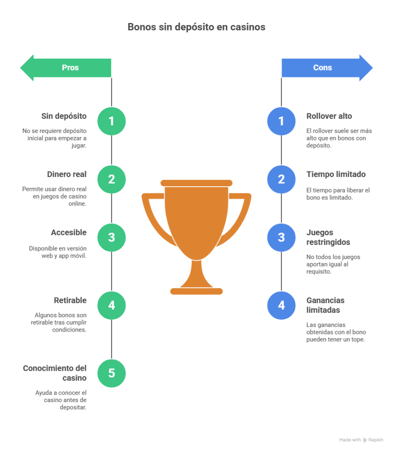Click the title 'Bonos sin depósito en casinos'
click(196, 27)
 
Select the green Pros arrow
click(66, 68)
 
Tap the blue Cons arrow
click(326, 68)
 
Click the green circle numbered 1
click(111, 121)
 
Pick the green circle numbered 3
click(111, 238)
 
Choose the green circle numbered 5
click(111, 373)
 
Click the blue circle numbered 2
click(281, 179)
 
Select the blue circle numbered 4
click(281, 305)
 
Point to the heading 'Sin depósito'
click(64, 116)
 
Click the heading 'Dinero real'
click(67, 174)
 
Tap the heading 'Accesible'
click(68, 233)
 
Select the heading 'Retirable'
click(70, 300)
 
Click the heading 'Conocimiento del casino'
click(55, 373)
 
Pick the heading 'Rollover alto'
click(329, 116)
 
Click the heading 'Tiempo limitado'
click(336, 174)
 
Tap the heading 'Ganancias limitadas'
click(325, 305)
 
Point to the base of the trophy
click(196, 291)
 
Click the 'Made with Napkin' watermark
click(361, 440)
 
